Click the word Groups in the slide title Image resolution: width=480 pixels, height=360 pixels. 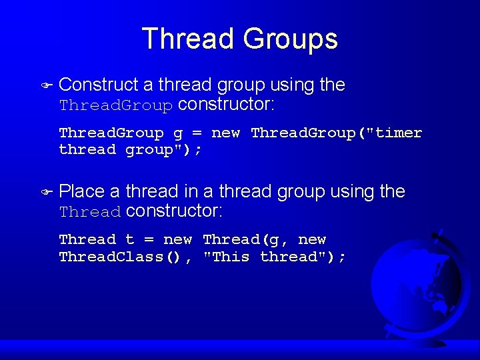pos(291,39)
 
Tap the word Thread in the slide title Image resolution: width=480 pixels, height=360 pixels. pos(189,39)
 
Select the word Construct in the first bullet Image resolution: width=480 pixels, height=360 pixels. pos(99,85)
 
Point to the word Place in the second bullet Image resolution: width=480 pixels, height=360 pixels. pos(82,191)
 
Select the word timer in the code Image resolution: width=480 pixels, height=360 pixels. pos(399,133)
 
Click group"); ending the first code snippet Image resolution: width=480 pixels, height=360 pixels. pos(164,150)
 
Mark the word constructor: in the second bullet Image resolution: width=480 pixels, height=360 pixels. pos(174,211)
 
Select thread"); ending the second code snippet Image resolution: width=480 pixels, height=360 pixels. pos(303,257)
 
